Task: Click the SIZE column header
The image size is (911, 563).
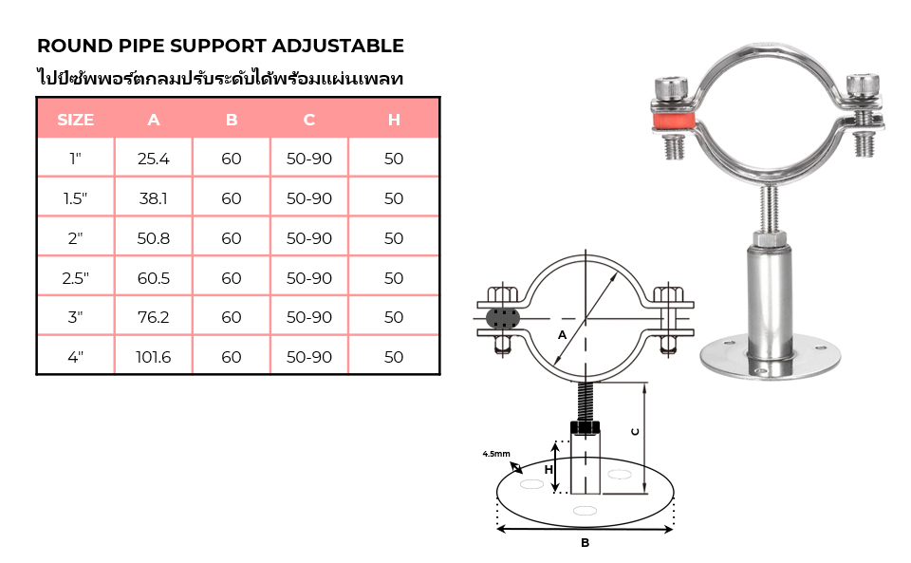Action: pyautogui.click(x=76, y=120)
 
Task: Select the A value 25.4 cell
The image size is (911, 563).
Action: pyautogui.click(x=154, y=159)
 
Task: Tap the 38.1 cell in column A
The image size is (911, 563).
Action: pyautogui.click(x=154, y=198)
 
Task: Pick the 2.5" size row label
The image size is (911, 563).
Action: pyautogui.click(x=76, y=278)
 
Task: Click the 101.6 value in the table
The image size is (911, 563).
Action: pyautogui.click(x=154, y=357)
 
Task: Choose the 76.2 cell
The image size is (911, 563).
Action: pyautogui.click(x=154, y=317)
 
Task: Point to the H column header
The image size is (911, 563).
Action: pyautogui.click(x=394, y=120)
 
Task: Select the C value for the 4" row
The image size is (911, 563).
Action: pyautogui.click(x=309, y=357)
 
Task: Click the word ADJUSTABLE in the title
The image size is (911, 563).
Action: pyautogui.click(x=338, y=46)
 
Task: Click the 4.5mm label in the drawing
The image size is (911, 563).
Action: pyautogui.click(x=496, y=454)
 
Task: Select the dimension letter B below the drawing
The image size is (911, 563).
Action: pyautogui.click(x=586, y=543)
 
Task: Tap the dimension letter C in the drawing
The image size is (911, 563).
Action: pyautogui.click(x=635, y=432)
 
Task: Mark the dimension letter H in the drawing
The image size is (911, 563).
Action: pyautogui.click(x=548, y=469)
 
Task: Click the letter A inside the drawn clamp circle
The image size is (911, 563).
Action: pyautogui.click(x=562, y=335)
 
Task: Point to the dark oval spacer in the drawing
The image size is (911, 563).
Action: pyautogui.click(x=503, y=318)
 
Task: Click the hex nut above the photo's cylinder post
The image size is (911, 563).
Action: pyautogui.click(x=770, y=238)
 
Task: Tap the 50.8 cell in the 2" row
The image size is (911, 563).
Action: pyautogui.click(x=154, y=238)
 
